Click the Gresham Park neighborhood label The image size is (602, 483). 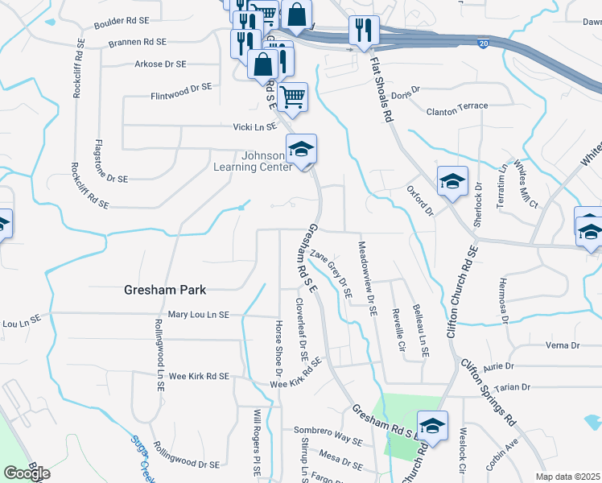(165, 290)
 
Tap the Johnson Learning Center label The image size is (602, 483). (249, 161)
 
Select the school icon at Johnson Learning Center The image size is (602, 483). (302, 149)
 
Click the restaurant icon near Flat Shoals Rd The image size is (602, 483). (364, 31)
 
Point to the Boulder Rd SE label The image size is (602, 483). (121, 23)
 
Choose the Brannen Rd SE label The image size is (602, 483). (133, 41)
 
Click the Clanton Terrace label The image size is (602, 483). (457, 106)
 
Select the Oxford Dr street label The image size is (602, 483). (420, 201)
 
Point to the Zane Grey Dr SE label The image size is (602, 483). (331, 274)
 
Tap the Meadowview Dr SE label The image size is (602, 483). (367, 281)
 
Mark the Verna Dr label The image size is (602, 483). (563, 345)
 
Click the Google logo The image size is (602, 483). (27, 473)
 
